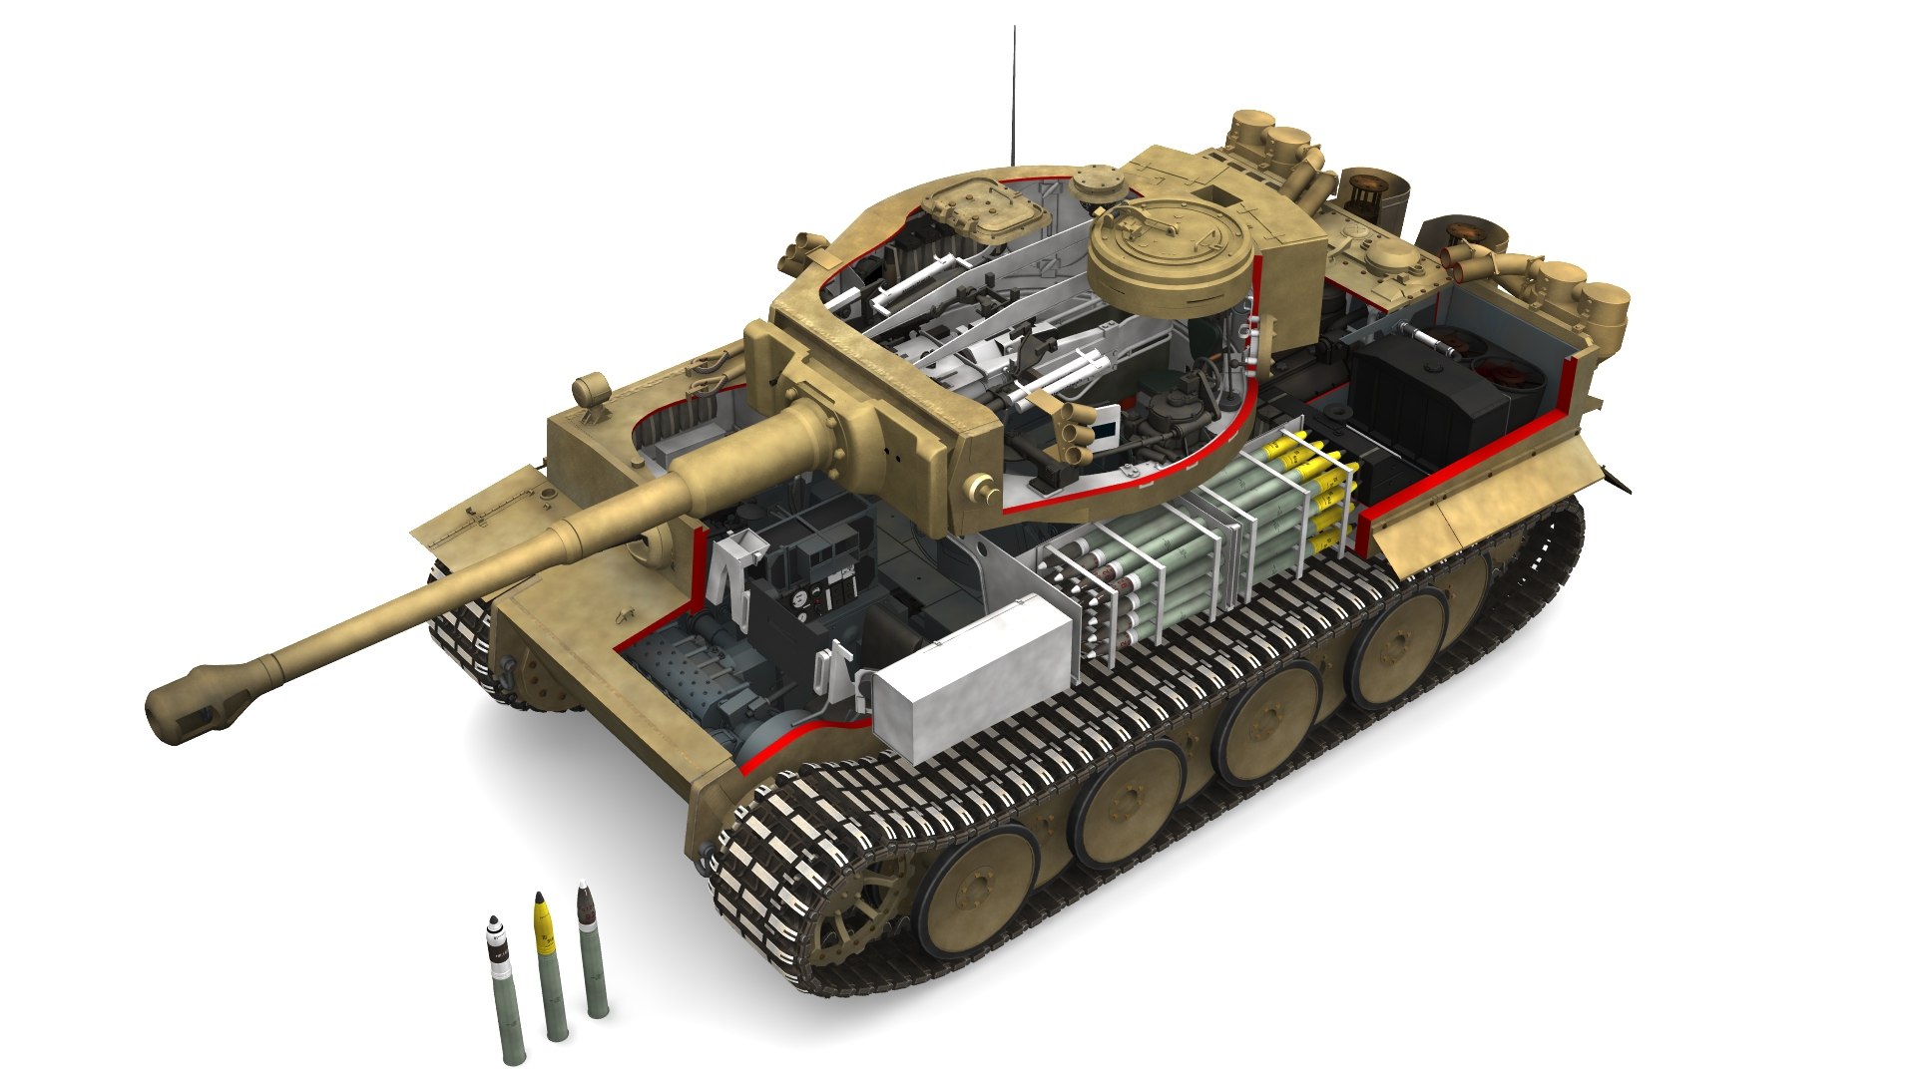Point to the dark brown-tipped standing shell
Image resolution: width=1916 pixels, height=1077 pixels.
click(592, 947)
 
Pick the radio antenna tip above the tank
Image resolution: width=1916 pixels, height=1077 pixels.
click(1015, 30)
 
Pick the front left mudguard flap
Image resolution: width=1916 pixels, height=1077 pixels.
click(489, 509)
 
